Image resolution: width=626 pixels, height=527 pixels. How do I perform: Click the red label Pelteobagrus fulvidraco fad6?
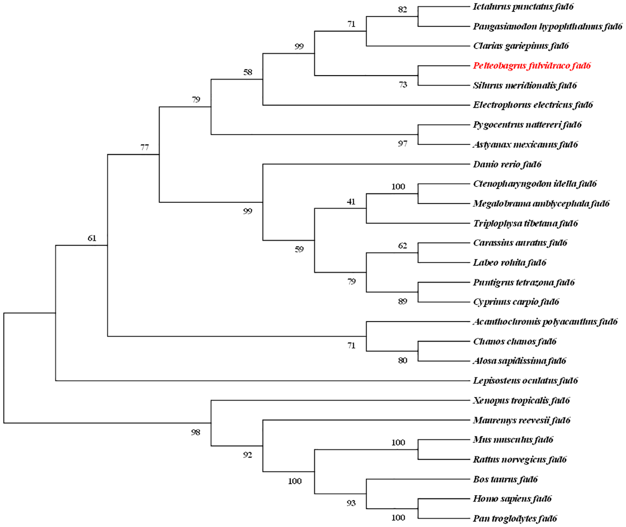coord(531,66)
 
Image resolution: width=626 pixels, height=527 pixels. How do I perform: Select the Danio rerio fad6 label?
coord(507,164)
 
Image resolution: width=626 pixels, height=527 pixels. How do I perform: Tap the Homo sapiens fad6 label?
coord(512,499)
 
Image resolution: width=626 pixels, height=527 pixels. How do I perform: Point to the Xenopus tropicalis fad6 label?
coord(521,400)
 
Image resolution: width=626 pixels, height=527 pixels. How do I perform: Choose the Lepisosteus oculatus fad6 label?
coord(525,380)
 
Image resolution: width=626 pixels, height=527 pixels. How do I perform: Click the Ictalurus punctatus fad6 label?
coord(523,7)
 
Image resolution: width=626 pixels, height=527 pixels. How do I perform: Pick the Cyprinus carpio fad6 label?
coord(516,302)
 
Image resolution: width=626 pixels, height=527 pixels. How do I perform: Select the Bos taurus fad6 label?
coord(505,479)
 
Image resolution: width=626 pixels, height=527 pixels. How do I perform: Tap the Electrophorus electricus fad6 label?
coord(533,105)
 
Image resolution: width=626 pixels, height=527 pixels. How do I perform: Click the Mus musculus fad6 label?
coord(513,440)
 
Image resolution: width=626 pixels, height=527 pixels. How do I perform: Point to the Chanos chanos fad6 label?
coord(515,341)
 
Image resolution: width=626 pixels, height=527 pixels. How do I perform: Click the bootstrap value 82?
coord(402,9)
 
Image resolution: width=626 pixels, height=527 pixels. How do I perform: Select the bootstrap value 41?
coord(351,202)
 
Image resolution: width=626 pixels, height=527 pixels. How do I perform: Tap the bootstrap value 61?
coord(92,239)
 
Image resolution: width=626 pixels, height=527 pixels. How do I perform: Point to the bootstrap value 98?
coord(196,432)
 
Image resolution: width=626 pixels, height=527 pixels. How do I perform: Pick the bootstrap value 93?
coord(351,503)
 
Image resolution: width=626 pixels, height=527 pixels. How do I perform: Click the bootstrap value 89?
coord(402,301)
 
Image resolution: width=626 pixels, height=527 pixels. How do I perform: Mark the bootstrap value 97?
coord(402,144)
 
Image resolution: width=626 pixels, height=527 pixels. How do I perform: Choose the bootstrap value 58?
coord(248,72)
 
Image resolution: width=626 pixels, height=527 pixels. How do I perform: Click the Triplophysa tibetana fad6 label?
coord(525,223)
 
